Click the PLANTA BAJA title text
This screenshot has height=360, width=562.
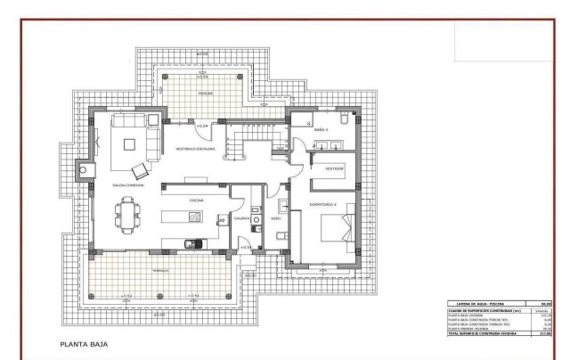(x=85, y=341)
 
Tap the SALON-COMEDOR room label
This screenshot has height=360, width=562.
(x=128, y=185)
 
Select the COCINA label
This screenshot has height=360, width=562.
(x=197, y=200)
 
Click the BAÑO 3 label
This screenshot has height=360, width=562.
(x=321, y=130)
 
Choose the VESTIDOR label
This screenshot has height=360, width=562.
(x=334, y=167)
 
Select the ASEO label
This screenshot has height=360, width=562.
(x=275, y=217)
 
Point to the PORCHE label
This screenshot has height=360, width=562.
(x=204, y=93)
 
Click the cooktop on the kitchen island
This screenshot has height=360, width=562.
(x=195, y=217)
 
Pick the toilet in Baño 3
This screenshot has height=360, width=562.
(x=346, y=119)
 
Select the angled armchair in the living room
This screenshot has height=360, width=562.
(x=139, y=169)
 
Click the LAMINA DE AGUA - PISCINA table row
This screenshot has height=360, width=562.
(x=499, y=304)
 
